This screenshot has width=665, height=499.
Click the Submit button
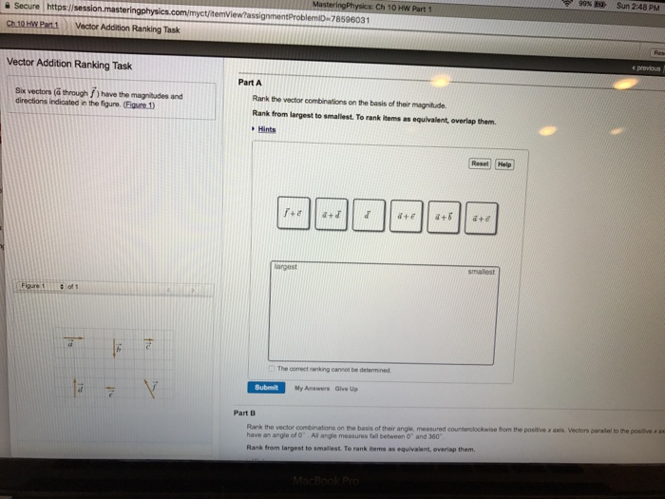coord(267,387)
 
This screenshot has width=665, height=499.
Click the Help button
coord(503,163)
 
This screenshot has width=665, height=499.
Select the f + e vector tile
coord(294,215)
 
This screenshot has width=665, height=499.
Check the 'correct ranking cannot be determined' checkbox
coord(271,369)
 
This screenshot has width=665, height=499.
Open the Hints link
coord(266,129)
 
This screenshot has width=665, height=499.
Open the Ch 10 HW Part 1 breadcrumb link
coord(32,26)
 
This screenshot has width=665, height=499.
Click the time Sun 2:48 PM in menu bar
coord(639,6)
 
